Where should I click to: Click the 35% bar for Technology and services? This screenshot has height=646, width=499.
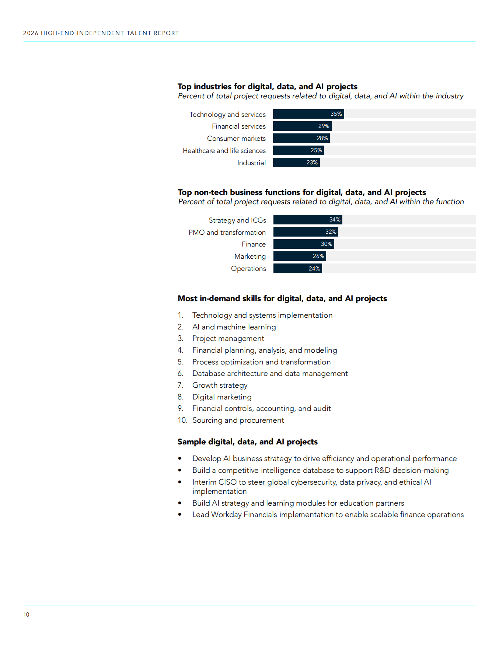(308, 114)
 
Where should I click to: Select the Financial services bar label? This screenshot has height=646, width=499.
(238, 126)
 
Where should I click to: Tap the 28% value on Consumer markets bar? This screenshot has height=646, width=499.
(322, 138)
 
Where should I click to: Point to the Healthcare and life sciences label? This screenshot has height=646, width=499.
(224, 151)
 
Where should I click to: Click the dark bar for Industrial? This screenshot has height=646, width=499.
(296, 163)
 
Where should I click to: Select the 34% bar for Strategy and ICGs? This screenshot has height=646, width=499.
(308, 220)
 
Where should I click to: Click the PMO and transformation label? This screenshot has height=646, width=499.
(227, 233)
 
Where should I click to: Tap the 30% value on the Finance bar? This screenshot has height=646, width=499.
(327, 244)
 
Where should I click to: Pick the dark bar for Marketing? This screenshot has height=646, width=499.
(300, 256)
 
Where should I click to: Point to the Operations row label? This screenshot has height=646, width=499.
(248, 269)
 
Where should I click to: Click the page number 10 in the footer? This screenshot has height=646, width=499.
(26, 614)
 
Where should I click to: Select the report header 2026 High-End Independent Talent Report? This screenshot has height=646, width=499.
(101, 33)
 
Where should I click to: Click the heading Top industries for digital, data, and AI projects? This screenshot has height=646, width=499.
(268, 87)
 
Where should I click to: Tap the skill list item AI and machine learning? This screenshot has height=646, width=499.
(234, 327)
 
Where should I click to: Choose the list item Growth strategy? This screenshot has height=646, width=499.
(220, 385)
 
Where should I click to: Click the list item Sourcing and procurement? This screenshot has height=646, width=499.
(238, 420)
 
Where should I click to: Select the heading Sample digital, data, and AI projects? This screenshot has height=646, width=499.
(248, 442)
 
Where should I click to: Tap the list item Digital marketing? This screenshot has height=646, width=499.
(222, 397)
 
